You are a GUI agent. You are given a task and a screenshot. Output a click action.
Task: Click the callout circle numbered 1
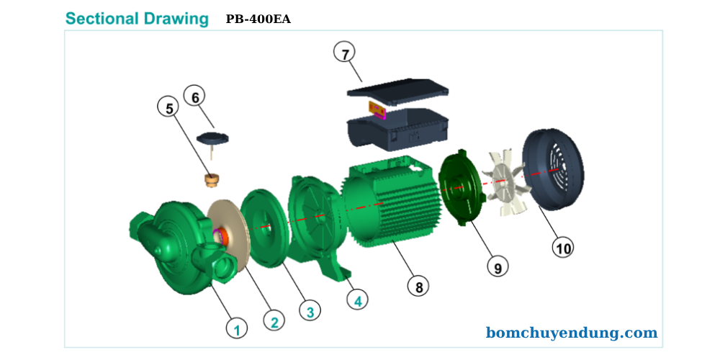[237, 328]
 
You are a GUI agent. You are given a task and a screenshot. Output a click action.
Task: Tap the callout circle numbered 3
[310, 312]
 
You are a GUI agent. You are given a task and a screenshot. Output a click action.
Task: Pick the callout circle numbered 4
[357, 300]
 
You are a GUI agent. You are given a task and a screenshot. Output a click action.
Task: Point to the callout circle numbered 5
[169, 108]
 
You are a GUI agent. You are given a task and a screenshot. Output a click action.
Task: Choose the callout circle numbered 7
[345, 53]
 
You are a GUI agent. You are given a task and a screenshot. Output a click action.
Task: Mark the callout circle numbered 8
[418, 286]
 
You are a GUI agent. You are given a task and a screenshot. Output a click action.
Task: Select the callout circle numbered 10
[563, 248]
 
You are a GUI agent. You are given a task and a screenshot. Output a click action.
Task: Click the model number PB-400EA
[258, 19]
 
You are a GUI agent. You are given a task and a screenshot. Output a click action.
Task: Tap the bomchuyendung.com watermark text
[572, 333]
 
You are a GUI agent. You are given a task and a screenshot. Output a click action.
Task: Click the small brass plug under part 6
[211, 178]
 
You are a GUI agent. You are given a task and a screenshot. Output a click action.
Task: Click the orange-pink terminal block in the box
[378, 109]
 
